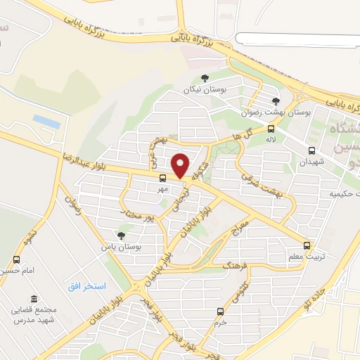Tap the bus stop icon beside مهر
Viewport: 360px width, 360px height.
coord(162,177)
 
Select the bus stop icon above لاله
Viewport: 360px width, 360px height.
coord(271,128)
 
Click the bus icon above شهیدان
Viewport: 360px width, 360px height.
coord(311,150)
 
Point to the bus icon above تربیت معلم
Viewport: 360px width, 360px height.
coord(307,245)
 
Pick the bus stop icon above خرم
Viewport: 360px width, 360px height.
coord(221,311)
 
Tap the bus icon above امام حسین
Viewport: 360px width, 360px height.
coord(16,259)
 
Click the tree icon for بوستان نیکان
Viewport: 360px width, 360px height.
coord(205,79)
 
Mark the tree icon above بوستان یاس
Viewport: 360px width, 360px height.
coord(122,236)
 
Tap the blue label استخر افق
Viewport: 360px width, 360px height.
coord(86,285)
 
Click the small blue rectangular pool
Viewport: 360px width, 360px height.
coord(46,121)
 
